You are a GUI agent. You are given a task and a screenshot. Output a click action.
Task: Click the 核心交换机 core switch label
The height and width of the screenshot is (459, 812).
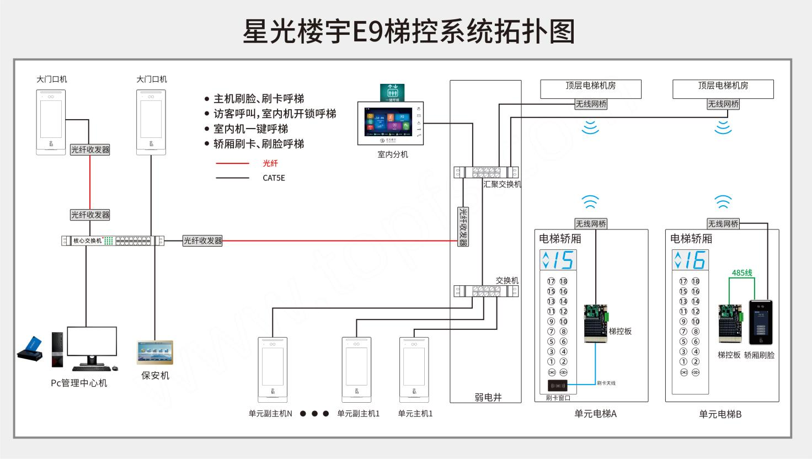click(88, 241)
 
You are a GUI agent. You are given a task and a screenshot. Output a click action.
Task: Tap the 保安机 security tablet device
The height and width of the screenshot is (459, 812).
click(154, 353)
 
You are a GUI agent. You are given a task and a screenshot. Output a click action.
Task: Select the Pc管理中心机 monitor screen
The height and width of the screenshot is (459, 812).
click(92, 341)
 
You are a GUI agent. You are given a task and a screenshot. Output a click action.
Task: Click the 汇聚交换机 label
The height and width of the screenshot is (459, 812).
click(502, 184)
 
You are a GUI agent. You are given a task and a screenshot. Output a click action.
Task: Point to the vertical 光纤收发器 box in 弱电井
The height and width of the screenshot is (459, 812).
click(463, 226)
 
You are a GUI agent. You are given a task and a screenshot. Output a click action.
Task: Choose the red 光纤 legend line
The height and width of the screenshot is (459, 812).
click(232, 163)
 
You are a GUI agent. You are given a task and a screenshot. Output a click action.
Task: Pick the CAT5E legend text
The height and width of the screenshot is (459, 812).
click(274, 178)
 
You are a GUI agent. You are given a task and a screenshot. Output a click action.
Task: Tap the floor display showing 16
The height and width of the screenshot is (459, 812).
click(690, 260)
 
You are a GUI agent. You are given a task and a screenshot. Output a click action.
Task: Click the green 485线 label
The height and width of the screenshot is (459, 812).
click(742, 273)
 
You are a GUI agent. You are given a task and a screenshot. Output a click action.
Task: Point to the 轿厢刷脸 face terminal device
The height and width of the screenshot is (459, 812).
click(761, 323)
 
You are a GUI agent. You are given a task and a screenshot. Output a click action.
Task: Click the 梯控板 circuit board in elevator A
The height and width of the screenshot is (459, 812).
click(596, 323)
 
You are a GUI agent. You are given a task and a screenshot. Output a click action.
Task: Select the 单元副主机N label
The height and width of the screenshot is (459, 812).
click(270, 414)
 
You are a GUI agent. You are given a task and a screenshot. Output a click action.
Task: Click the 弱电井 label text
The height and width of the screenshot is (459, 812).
click(488, 397)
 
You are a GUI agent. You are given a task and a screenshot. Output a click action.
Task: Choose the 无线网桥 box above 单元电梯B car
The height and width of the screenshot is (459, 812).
click(723, 223)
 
